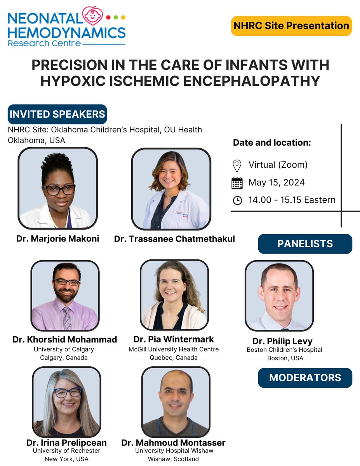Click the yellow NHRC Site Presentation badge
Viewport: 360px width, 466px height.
(291, 26)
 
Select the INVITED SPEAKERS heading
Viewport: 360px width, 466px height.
(57, 114)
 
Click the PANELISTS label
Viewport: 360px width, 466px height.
(305, 244)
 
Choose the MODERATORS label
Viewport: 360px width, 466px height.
(305, 377)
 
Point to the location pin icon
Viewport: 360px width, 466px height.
(237, 165)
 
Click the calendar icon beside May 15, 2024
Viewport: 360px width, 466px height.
(237, 183)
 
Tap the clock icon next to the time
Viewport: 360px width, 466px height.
(237, 200)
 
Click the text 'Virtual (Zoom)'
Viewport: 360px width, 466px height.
(278, 165)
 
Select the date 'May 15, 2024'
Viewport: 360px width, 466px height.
(277, 183)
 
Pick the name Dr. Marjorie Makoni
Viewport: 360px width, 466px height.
(57, 238)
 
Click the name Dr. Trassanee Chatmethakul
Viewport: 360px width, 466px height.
(174, 239)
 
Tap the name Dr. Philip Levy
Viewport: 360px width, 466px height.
(282, 341)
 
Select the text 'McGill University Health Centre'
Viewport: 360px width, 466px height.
(174, 349)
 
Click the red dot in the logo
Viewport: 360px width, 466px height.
(108, 17)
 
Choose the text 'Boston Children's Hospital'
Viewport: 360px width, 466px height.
(284, 350)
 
